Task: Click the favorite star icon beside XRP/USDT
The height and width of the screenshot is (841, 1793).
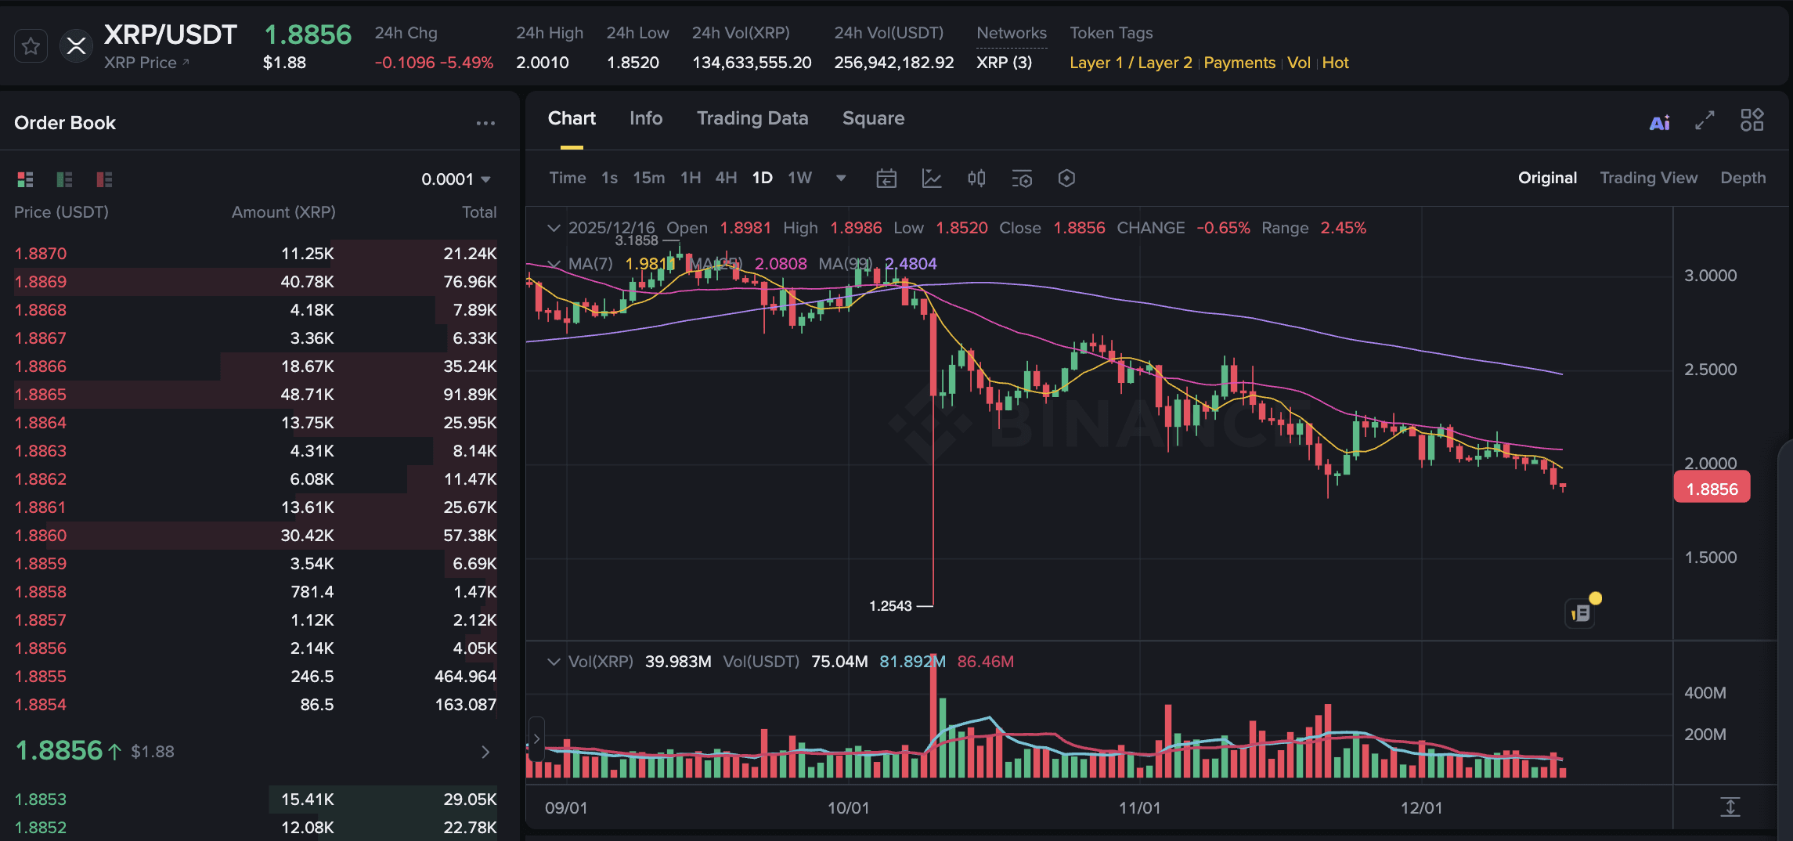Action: [31, 47]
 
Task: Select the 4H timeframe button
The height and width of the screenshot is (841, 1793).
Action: [726, 178]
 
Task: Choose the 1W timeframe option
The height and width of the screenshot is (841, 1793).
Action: [799, 178]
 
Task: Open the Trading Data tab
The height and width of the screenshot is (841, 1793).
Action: [752, 118]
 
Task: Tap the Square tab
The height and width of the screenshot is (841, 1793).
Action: [873, 118]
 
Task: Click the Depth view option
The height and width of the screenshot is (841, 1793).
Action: [1742, 178]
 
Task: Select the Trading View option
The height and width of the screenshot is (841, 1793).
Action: [1648, 178]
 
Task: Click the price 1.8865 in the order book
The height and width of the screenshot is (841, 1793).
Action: [41, 395]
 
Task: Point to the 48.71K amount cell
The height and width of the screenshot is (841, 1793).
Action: [307, 395]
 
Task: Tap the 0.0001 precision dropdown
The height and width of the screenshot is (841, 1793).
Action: [456, 179]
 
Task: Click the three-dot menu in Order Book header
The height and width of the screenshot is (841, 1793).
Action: [485, 123]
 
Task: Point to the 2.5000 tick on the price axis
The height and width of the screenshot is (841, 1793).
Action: [1710, 370]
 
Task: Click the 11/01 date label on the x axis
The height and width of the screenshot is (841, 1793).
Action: [1139, 807]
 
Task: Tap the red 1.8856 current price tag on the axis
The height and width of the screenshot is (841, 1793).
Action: [1712, 489]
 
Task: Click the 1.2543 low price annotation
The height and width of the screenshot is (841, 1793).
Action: [890, 606]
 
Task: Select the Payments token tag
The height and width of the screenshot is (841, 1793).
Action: [1239, 63]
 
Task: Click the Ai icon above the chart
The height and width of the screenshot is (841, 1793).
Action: [1659, 123]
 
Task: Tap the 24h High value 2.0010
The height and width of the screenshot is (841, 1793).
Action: [542, 63]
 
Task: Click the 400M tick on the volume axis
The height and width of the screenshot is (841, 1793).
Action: [1705, 693]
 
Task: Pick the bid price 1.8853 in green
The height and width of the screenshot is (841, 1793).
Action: [41, 799]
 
